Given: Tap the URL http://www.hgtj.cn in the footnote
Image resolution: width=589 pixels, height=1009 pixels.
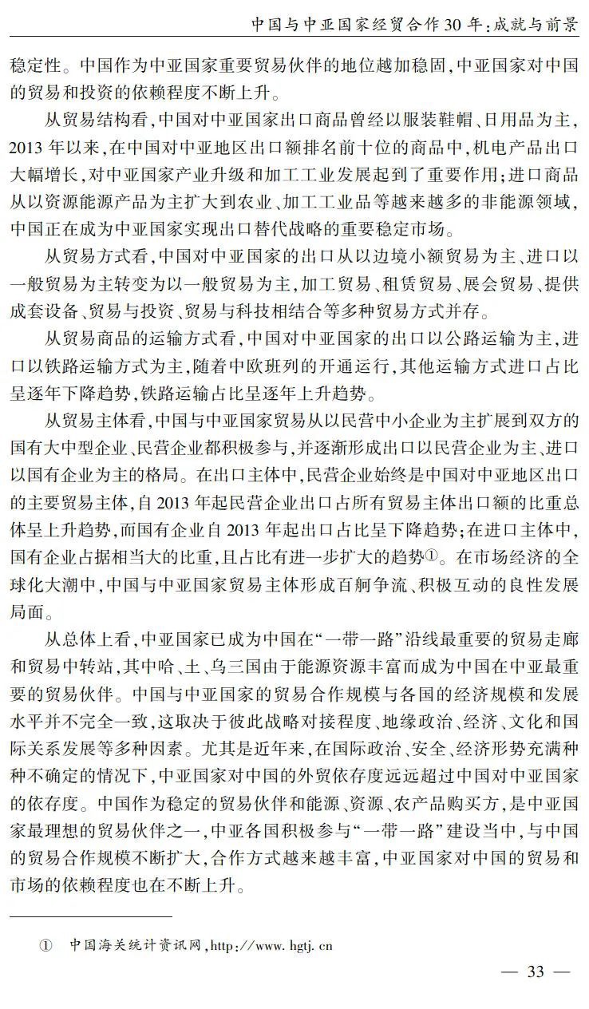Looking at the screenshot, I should [271, 947].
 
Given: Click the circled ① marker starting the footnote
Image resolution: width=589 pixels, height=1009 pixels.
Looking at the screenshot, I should [45, 947].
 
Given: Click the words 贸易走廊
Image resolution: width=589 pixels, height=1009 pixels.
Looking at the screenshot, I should [546, 638].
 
